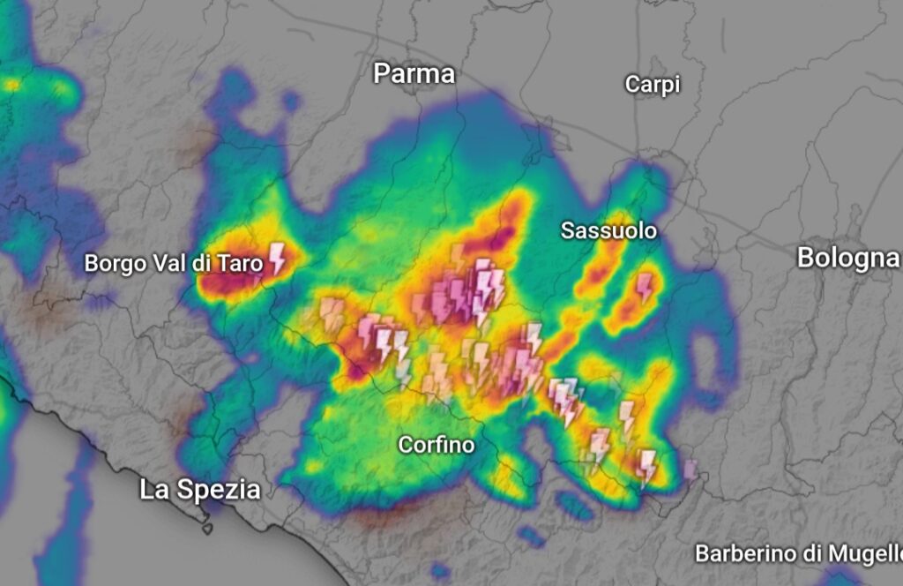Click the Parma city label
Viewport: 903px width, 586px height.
click(414, 73)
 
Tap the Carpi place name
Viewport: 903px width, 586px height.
click(653, 85)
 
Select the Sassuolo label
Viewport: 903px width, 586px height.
click(609, 231)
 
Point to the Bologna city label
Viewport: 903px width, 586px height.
click(847, 258)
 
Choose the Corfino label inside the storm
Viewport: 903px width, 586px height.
click(436, 445)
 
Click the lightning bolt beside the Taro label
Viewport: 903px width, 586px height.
click(277, 258)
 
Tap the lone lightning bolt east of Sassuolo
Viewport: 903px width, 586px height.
click(645, 287)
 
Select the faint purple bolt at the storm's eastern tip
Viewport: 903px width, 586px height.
click(690, 469)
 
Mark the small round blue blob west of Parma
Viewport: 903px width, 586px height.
click(291, 101)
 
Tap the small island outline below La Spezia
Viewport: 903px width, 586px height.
click(207, 529)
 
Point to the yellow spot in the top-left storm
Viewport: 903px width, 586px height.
click(13, 86)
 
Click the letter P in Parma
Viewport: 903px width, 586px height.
click(381, 73)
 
